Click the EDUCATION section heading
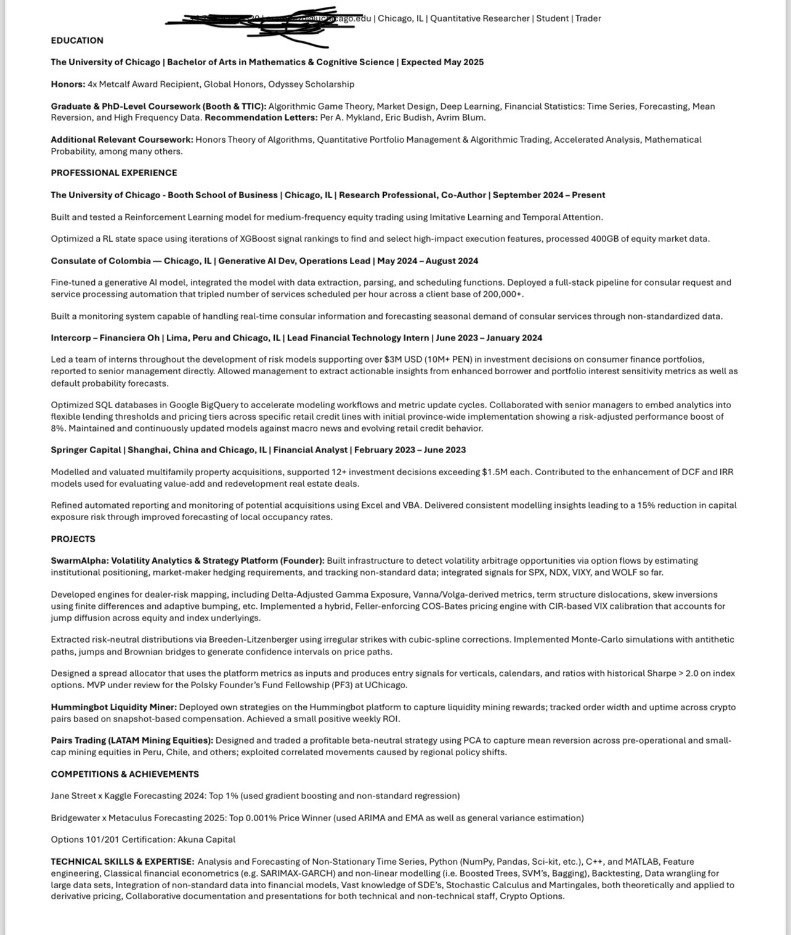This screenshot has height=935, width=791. (77, 41)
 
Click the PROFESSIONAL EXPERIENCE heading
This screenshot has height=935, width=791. (114, 173)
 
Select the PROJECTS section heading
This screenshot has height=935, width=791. (73, 539)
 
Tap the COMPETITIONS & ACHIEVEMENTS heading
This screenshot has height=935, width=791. (124, 774)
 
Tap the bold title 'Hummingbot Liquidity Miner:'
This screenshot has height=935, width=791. (113, 707)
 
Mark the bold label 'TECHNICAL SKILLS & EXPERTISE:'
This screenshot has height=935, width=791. (122, 862)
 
